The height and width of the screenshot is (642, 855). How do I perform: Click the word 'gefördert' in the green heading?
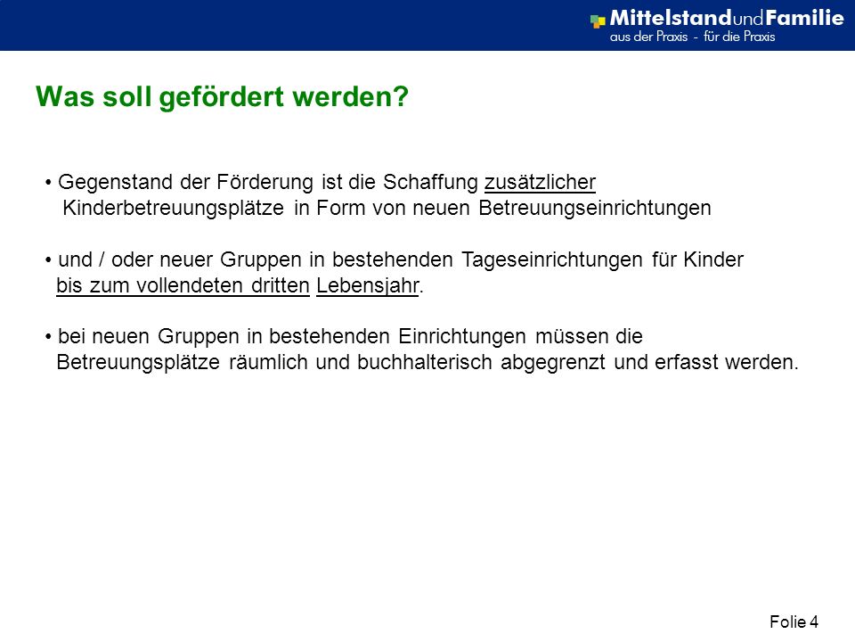pyautogui.click(x=222, y=98)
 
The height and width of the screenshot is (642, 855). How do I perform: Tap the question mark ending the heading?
pyautogui.click(x=401, y=96)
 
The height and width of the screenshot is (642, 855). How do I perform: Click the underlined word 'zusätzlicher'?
pyautogui.click(x=540, y=182)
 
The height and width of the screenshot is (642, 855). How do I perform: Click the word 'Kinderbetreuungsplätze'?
pyautogui.click(x=174, y=209)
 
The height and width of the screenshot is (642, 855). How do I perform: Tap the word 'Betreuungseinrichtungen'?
pyautogui.click(x=595, y=209)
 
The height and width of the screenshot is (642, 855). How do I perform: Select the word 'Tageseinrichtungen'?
pyautogui.click(x=552, y=259)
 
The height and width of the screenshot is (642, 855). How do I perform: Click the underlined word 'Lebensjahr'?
pyautogui.click(x=368, y=285)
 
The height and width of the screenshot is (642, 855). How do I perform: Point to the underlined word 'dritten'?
pyautogui.click(x=281, y=285)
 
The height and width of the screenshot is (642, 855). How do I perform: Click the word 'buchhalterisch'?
pyautogui.click(x=425, y=363)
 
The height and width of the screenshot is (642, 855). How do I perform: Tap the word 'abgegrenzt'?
pyautogui.click(x=553, y=363)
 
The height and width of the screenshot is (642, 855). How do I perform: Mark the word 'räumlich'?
pyautogui.click(x=268, y=363)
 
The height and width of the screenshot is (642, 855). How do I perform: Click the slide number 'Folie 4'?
pyautogui.click(x=794, y=621)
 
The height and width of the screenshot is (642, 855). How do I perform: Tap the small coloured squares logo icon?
pyautogui.click(x=598, y=21)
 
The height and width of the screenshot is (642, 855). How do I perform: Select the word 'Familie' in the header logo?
pyautogui.click(x=805, y=18)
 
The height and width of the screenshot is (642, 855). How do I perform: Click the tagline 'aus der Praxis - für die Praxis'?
pyautogui.click(x=693, y=37)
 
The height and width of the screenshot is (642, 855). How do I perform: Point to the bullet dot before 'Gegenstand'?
pyautogui.click(x=48, y=182)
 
